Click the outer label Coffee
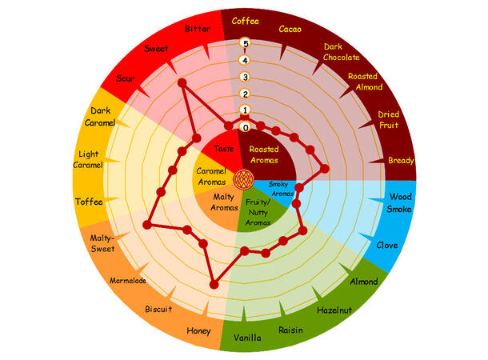(x=245, y=21)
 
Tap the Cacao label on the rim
(x=289, y=30)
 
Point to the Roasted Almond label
(x=365, y=82)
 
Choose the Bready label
(x=401, y=161)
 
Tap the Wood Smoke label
(x=400, y=202)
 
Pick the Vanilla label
(x=247, y=338)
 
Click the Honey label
(x=198, y=330)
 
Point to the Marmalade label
(x=128, y=281)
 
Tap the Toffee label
(x=88, y=202)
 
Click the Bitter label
(x=198, y=29)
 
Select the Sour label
(x=126, y=78)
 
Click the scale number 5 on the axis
(x=246, y=43)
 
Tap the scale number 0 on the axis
(x=246, y=127)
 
